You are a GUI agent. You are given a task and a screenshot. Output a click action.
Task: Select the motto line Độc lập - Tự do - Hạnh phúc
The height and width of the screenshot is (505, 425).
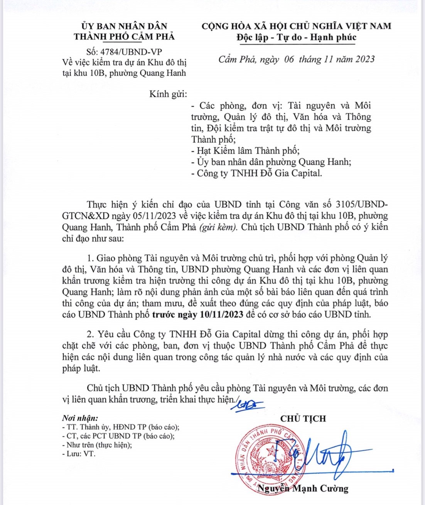pos(296,37)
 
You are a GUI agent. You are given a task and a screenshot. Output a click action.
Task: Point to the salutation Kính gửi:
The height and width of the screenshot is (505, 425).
pos(168,94)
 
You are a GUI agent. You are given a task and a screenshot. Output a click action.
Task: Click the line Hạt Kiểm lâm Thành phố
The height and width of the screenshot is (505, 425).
pos(245,151)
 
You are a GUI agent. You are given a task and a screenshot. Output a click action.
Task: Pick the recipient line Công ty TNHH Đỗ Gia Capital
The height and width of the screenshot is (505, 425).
pos(256,173)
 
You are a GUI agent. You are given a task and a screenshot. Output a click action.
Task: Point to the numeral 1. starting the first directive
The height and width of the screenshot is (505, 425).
pos(90,258)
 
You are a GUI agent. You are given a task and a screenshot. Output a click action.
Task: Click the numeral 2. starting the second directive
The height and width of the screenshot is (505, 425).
pos(90,334)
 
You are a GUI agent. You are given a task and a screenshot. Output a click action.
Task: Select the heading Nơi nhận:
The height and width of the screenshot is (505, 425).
pos(80,418)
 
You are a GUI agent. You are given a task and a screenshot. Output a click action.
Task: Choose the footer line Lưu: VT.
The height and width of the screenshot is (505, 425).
pos(79,454)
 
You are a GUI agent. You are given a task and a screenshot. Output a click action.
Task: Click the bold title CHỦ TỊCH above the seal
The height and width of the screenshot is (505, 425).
pos(303,419)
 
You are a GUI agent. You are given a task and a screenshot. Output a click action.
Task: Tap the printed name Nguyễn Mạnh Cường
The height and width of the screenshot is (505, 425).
pos(303,489)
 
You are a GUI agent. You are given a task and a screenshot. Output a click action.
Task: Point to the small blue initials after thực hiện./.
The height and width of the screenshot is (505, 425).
pos(250,405)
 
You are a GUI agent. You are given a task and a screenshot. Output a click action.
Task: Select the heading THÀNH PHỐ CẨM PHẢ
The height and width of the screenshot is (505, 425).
pos(124,37)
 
